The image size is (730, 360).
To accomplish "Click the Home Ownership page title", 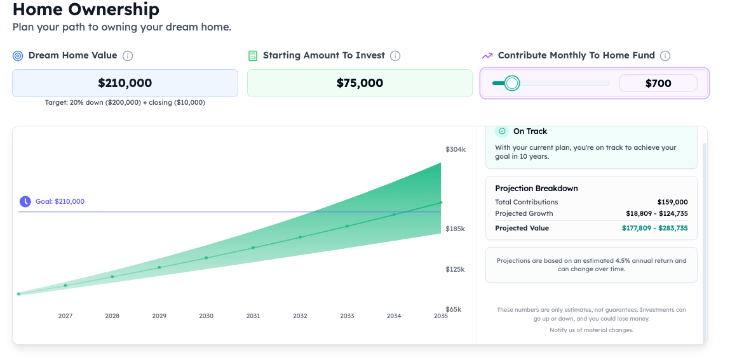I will (86, 10).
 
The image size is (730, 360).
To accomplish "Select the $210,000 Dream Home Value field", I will (125, 83).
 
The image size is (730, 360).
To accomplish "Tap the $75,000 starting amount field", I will (360, 83).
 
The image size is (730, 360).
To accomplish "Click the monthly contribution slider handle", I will (512, 83).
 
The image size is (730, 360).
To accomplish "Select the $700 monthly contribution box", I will (658, 83).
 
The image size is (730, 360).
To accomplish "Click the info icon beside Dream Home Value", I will (128, 56).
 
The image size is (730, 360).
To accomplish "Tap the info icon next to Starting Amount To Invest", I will (395, 56).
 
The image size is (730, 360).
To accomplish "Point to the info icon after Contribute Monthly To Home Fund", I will (665, 56).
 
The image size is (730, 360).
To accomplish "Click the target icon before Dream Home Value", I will (18, 56).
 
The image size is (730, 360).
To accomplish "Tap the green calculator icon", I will (253, 56).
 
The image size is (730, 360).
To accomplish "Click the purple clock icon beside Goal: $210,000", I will (25, 201).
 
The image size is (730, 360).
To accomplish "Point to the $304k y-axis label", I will (455, 150).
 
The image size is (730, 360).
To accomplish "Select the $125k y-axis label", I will (455, 269).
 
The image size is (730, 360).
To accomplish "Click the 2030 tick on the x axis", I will (206, 316).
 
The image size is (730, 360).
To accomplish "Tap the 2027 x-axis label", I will (65, 316).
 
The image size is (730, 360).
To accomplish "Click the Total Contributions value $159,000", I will (672, 202).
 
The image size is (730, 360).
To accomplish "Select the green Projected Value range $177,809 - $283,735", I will (654, 228).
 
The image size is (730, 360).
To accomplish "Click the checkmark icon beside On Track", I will (502, 131).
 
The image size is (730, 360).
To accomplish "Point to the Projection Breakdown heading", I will (536, 189).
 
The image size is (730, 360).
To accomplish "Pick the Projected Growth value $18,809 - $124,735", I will (656, 213).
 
